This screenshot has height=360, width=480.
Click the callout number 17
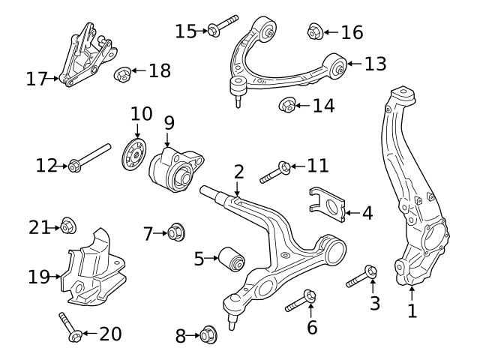pos(36,78)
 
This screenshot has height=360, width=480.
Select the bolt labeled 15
pos(222,28)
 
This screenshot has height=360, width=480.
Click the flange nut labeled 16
pos(315,31)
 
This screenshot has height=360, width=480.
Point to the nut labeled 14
pos(286,104)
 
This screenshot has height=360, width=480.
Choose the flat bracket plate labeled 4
pos(327,204)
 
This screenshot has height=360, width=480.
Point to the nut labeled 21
pos(67,225)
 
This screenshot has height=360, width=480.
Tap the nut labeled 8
pos(208,335)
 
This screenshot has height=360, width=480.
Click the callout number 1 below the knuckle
pos(412,310)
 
